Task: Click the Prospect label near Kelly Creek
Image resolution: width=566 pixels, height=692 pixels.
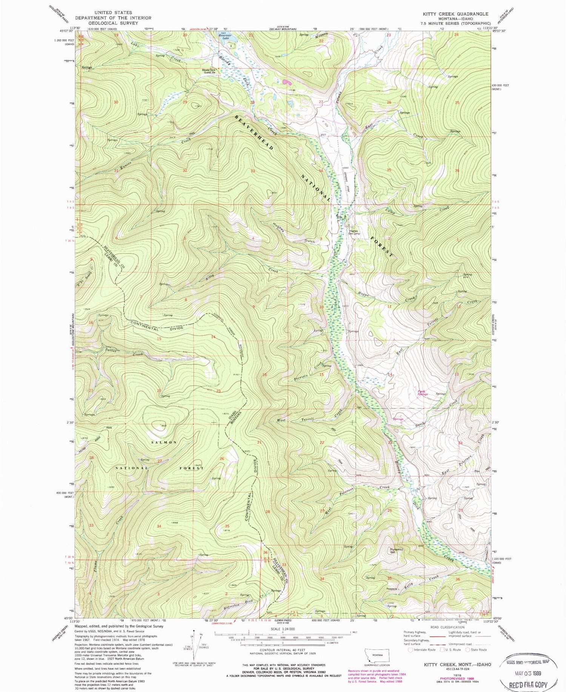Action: click(x=391, y=589)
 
